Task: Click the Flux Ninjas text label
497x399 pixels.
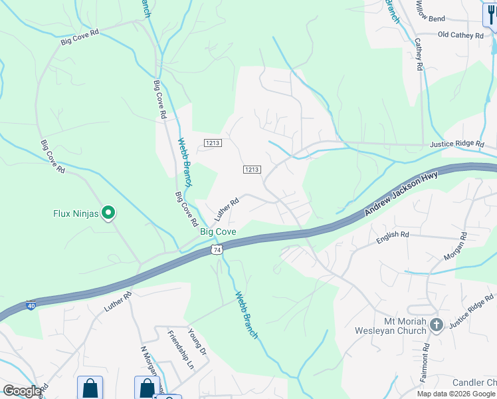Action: pyautogui.click(x=75, y=213)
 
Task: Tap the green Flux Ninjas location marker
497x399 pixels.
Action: pyautogui.click(x=108, y=213)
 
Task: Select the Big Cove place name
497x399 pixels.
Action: pyautogui.click(x=218, y=231)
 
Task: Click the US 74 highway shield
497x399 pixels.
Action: pyautogui.click(x=216, y=249)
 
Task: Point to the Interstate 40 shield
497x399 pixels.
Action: pyautogui.click(x=31, y=306)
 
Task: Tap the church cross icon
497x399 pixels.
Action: pyautogui.click(x=436, y=325)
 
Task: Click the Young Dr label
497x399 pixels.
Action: pyautogui.click(x=198, y=342)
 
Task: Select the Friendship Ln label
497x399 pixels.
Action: pyautogui.click(x=180, y=350)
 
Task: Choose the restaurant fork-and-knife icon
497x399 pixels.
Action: pyautogui.click(x=489, y=13)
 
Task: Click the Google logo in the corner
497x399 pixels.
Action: pyautogui.click(x=22, y=391)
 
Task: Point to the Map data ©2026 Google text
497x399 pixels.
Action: pyautogui.click(x=456, y=394)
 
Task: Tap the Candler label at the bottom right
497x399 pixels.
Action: pyautogui.click(x=474, y=382)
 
